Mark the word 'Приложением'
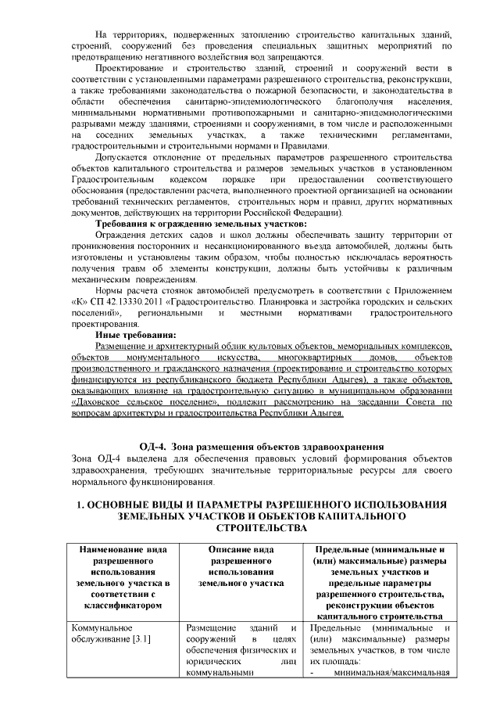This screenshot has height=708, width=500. coord(420,290)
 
